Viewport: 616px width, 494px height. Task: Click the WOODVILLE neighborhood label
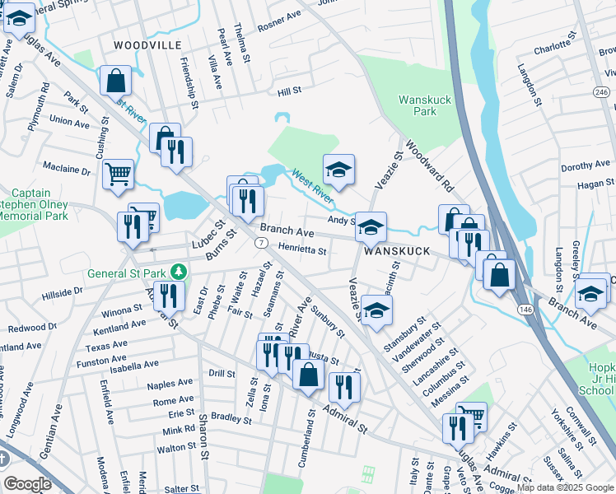click(147, 44)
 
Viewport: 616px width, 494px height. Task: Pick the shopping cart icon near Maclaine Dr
click(118, 173)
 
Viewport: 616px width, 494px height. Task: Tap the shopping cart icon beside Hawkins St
click(471, 416)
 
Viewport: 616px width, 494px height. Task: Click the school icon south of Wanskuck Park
click(338, 170)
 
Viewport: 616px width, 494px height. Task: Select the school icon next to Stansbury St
click(376, 310)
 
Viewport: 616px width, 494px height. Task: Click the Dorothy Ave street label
click(584, 166)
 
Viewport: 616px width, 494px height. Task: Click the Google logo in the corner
click(27, 484)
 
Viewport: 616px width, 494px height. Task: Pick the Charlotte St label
click(552, 49)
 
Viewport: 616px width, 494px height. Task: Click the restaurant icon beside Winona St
click(168, 295)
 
